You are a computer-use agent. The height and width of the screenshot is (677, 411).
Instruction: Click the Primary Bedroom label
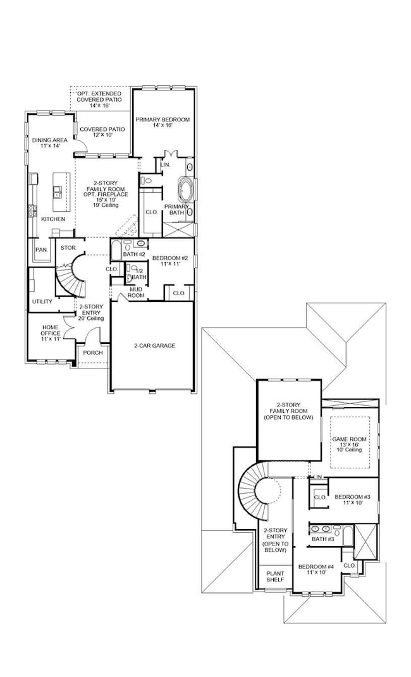163,123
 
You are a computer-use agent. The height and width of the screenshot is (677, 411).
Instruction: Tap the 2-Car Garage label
154,346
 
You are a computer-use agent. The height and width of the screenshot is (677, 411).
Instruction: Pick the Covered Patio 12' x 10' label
102,132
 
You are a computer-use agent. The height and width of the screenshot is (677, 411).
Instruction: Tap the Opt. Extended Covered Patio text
99,100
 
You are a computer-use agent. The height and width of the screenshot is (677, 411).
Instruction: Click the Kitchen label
53,219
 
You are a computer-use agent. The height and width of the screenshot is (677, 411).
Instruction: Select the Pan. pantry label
42,250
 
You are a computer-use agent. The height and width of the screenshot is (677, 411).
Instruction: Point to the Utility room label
42,302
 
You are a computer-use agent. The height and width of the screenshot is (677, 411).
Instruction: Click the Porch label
93,353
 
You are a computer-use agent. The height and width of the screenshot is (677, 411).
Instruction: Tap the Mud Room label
137,292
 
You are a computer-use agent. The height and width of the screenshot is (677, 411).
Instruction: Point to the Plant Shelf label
275,576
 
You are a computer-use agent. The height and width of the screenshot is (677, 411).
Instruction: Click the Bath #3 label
322,539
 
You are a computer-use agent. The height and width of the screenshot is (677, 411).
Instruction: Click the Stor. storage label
68,248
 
